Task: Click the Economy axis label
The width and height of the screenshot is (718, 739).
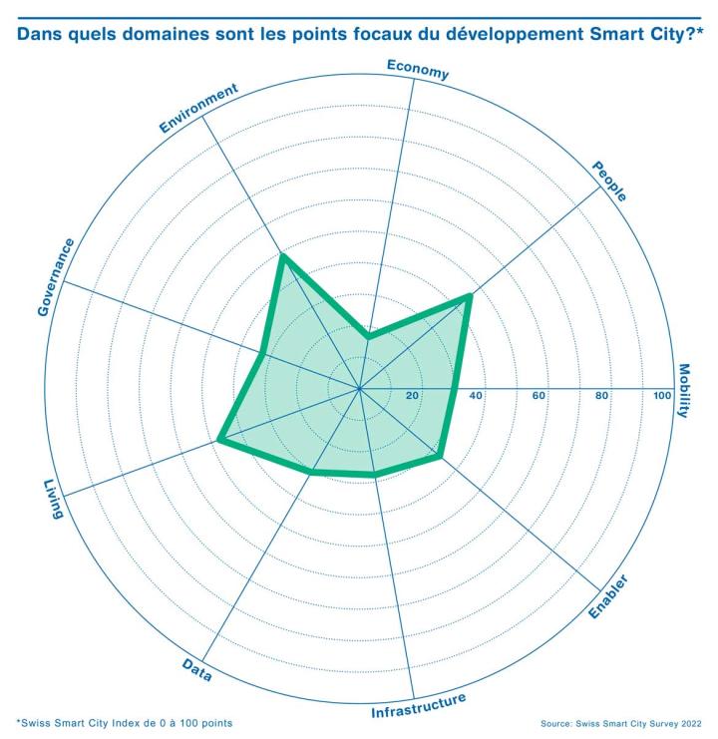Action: pyautogui.click(x=417, y=69)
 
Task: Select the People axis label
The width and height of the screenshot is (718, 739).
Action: pyautogui.click(x=609, y=181)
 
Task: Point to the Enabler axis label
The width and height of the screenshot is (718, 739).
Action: pyautogui.click(x=606, y=596)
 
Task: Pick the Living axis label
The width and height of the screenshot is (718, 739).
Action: pyautogui.click(x=53, y=499)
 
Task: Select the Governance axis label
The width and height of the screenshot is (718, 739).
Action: pyautogui.click(x=55, y=277)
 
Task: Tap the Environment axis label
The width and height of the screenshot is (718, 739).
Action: pyautogui.click(x=198, y=109)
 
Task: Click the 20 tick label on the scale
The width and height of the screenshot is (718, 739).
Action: pyautogui.click(x=412, y=396)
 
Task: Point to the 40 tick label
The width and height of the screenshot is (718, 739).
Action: pyautogui.click(x=476, y=396)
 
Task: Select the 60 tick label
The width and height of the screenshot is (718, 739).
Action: pyautogui.click(x=538, y=396)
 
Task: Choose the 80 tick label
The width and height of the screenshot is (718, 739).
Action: pyautogui.click(x=601, y=396)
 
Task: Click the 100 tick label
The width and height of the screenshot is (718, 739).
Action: pyautogui.click(x=662, y=396)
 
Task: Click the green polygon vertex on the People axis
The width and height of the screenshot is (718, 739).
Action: pyautogui.click(x=469, y=296)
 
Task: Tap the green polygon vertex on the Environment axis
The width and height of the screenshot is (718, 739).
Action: pyautogui.click(x=282, y=258)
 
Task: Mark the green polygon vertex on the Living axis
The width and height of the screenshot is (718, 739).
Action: pyautogui.click(x=219, y=440)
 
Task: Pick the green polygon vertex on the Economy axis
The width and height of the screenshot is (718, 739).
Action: pyautogui.click(x=369, y=338)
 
